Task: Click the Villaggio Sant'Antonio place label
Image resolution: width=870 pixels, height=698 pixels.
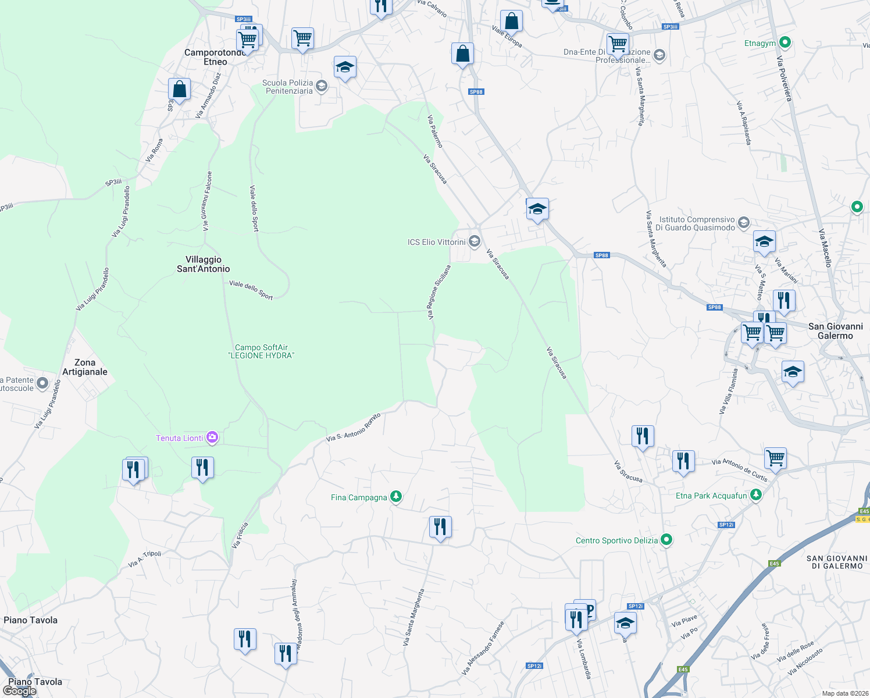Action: (203, 264)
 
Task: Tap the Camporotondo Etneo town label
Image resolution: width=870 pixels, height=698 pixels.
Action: (215, 57)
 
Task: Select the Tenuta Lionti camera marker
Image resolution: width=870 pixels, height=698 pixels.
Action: (212, 437)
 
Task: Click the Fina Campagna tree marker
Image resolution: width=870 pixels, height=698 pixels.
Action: (396, 497)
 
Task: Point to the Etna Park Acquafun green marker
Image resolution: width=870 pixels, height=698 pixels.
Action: (755, 495)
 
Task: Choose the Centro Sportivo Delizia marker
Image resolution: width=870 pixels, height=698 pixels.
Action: (666, 540)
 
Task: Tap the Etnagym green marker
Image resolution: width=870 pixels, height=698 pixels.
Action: (785, 42)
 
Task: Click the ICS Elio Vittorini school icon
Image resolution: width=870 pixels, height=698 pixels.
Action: (475, 241)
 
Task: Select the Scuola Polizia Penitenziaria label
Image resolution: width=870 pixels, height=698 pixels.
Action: (288, 87)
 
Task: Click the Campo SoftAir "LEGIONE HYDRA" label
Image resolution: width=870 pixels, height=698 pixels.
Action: (261, 351)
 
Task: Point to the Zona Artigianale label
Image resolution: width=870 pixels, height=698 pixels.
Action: (85, 367)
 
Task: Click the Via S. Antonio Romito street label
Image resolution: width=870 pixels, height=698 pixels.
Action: (353, 428)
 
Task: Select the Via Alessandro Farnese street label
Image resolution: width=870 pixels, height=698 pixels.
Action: (483, 648)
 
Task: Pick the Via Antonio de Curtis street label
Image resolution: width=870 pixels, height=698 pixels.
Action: (740, 470)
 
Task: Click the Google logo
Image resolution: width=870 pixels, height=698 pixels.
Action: (19, 691)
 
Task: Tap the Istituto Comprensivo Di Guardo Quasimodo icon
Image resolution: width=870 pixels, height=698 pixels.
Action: (743, 223)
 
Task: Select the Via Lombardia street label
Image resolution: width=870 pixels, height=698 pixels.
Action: (584, 658)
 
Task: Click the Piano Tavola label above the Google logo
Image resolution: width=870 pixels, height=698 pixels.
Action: (35, 682)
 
